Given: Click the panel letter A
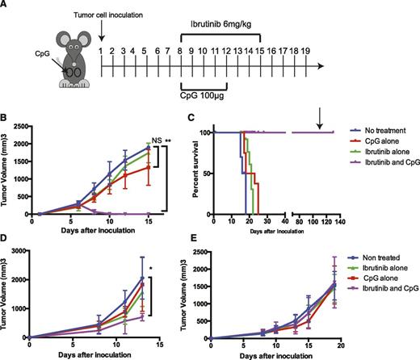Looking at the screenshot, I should (6, 6).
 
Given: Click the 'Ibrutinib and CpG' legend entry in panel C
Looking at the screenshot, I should (384, 164).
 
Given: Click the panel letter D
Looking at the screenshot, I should (6, 237).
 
